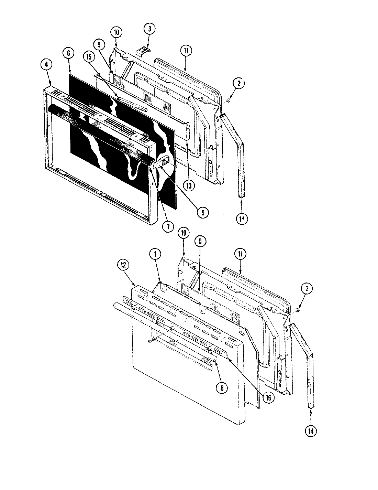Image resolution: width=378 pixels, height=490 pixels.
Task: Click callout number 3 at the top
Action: point(149,29)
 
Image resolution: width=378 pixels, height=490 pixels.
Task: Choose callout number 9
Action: point(203,212)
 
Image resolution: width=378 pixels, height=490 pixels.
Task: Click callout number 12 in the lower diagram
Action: point(124,265)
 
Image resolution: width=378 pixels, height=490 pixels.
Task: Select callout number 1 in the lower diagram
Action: point(155,254)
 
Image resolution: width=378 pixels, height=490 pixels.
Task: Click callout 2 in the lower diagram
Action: point(307,289)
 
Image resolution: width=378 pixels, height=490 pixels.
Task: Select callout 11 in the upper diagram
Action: point(186,51)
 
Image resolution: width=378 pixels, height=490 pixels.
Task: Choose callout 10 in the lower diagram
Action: point(184,233)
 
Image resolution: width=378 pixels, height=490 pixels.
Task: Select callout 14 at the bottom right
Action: point(311,430)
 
